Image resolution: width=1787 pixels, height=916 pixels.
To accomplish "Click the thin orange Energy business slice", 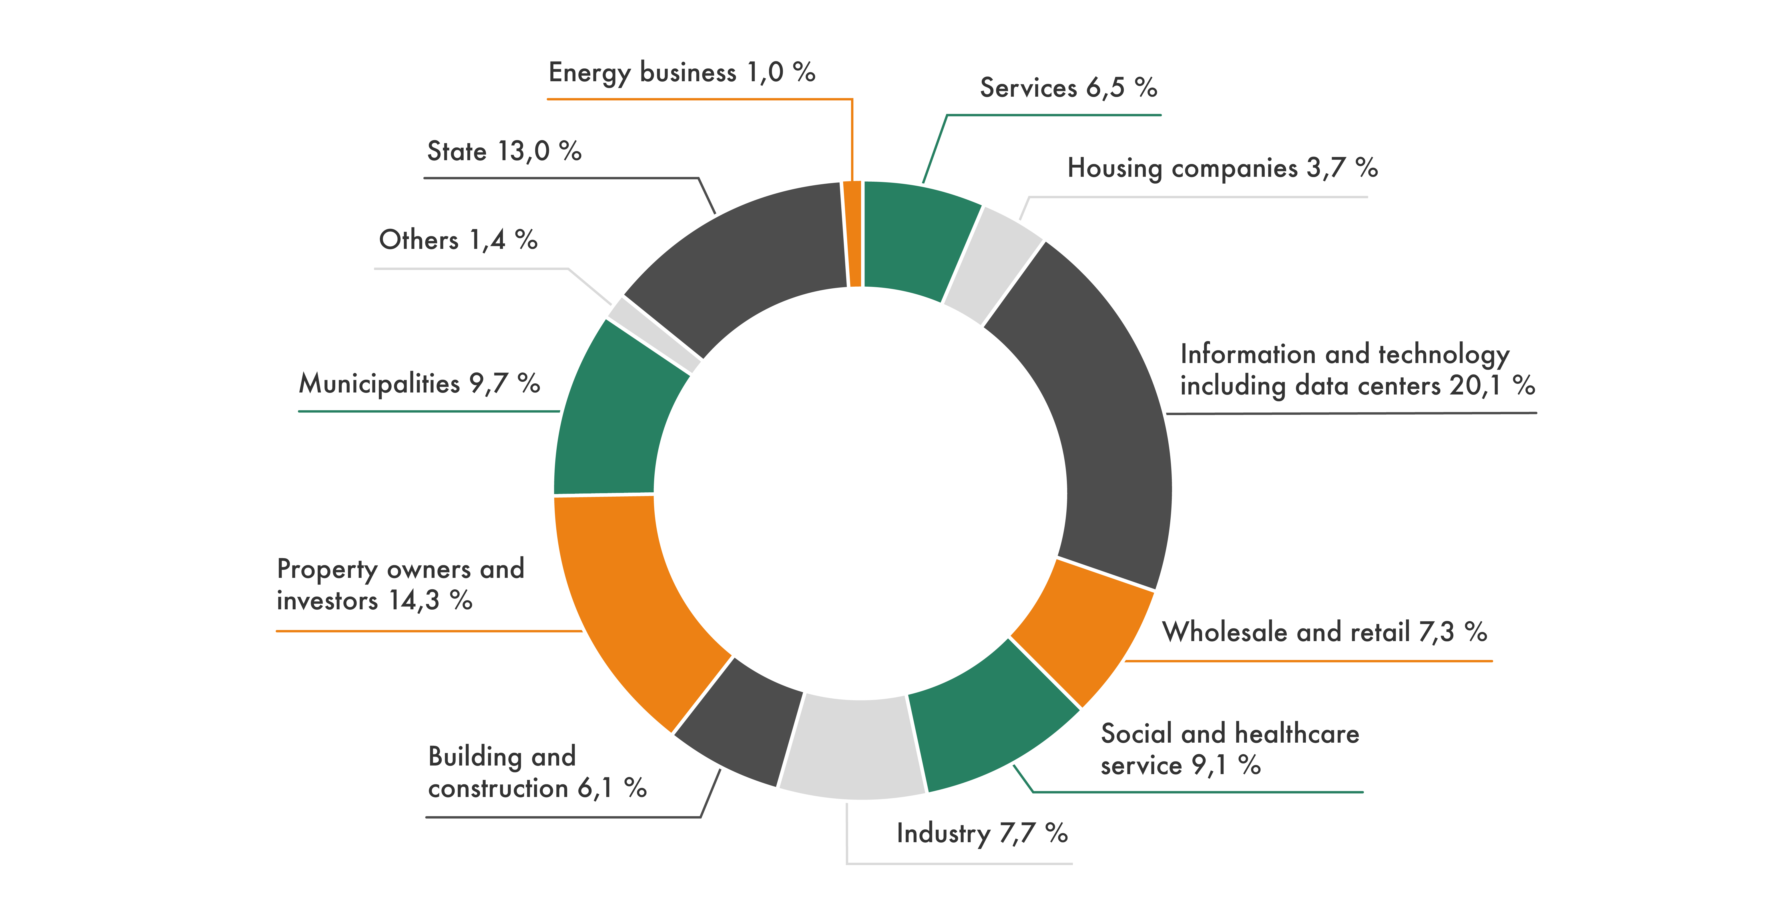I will (852, 234).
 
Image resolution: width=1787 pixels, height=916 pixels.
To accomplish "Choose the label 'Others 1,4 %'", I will (458, 240).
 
